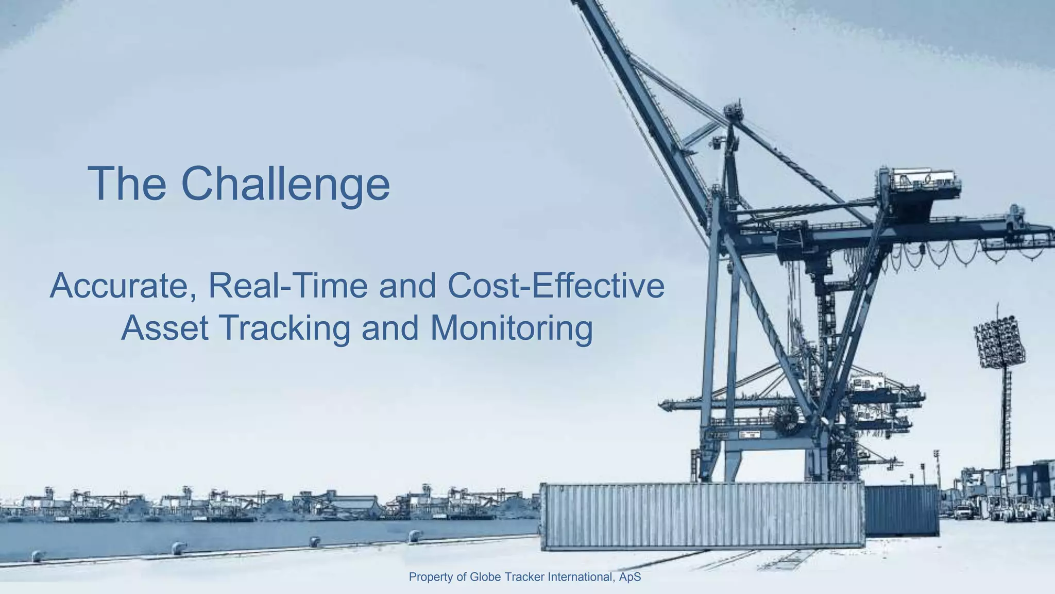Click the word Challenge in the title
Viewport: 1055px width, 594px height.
point(285,184)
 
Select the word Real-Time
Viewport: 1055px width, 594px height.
point(288,285)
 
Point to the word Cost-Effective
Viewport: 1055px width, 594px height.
point(556,285)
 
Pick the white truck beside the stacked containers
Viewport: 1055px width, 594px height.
point(962,511)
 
